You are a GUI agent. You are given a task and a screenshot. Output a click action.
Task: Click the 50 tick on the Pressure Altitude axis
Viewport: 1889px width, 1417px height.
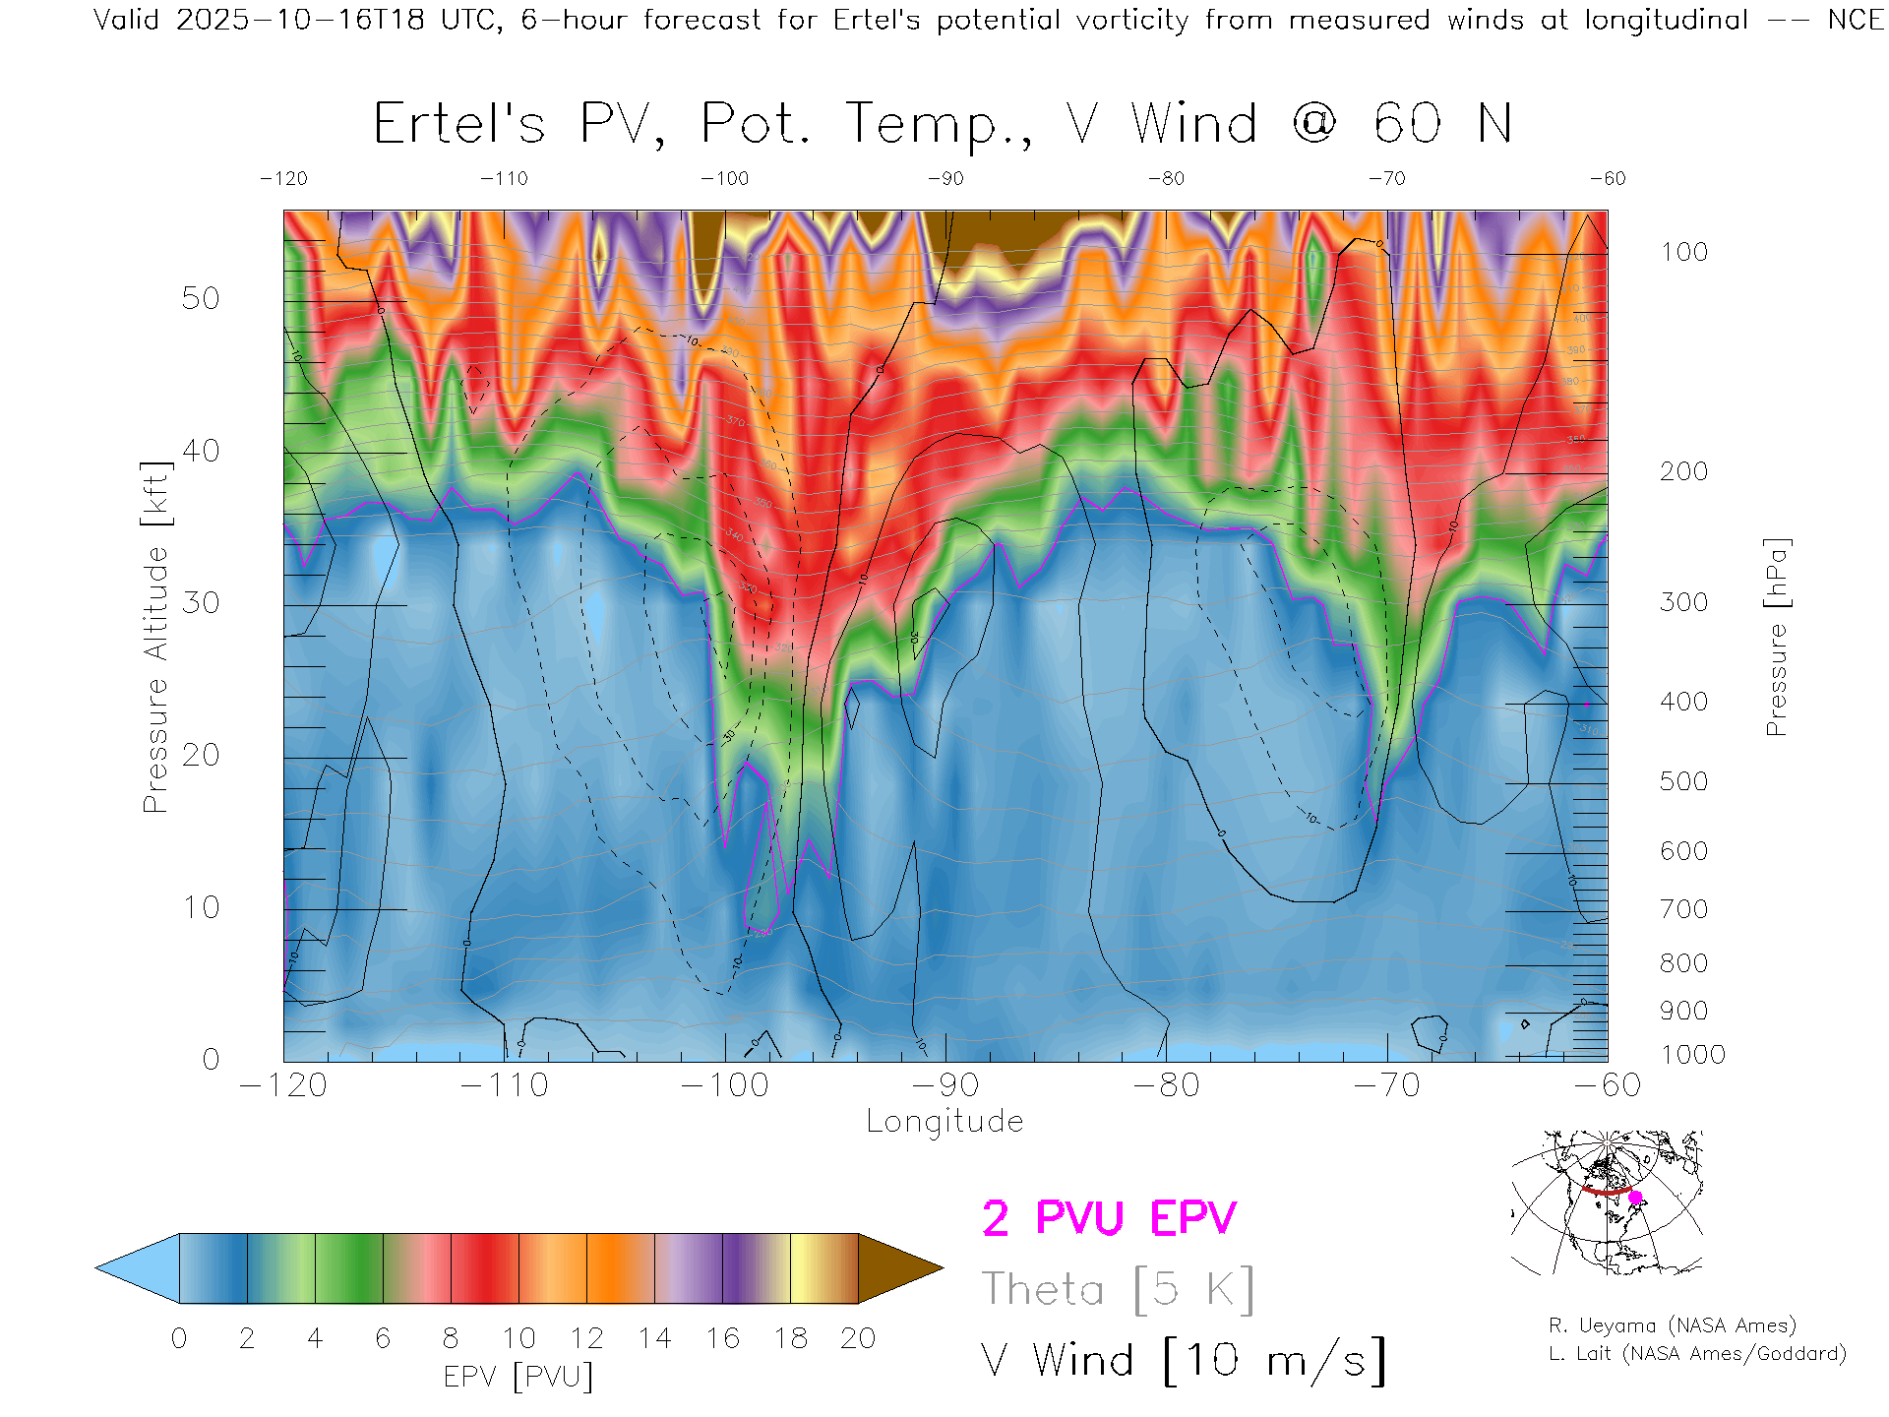[x=200, y=298]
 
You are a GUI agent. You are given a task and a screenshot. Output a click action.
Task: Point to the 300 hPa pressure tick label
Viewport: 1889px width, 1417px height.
[x=1683, y=602]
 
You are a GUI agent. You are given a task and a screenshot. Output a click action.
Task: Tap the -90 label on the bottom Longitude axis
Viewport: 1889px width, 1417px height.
[x=944, y=1085]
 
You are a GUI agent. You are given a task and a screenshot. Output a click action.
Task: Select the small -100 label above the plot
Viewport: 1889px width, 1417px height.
[x=724, y=178]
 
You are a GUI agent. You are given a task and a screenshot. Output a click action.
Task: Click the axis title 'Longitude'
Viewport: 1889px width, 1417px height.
[x=944, y=1122]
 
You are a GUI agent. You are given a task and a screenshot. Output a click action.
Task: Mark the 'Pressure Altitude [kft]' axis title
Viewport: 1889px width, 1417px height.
[x=155, y=637]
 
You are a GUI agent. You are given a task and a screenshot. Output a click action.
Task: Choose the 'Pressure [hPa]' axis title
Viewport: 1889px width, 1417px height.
[x=1776, y=637]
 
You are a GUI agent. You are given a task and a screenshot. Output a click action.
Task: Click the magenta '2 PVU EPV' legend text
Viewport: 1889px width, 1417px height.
[x=1109, y=1218]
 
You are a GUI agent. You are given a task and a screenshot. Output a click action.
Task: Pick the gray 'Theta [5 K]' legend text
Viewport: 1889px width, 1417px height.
[x=1118, y=1289]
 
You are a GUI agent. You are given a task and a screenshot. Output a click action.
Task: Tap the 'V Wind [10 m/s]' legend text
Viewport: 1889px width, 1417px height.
[x=1183, y=1361]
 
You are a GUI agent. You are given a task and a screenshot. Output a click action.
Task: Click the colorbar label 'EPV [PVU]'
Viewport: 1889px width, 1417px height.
[x=518, y=1377]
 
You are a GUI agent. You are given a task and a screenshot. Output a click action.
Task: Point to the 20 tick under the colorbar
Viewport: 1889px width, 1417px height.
[x=858, y=1338]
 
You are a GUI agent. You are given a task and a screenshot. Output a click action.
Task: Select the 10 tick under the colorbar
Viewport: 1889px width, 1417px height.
[x=518, y=1338]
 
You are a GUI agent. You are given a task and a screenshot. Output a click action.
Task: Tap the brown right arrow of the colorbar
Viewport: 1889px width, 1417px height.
[x=897, y=1268]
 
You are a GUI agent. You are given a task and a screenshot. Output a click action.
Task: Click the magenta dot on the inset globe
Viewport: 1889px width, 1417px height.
[x=1636, y=1198]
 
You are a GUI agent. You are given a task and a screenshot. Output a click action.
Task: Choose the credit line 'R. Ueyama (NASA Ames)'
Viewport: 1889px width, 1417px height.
[x=1673, y=1325]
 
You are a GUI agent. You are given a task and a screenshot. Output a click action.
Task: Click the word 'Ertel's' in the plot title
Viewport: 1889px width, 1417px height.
[x=458, y=125]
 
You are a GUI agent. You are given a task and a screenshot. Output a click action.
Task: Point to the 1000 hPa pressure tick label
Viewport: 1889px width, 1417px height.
[x=1692, y=1055]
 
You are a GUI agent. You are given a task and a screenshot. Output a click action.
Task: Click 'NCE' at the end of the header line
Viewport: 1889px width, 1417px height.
[x=1856, y=20]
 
